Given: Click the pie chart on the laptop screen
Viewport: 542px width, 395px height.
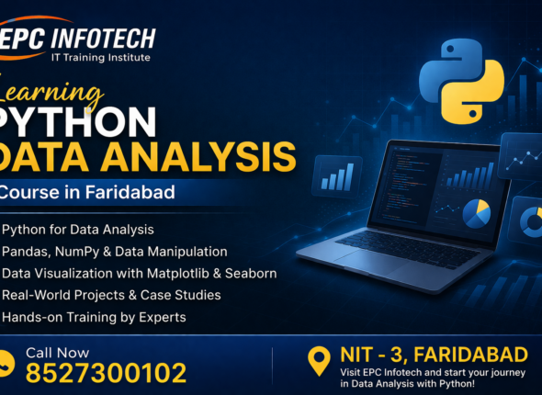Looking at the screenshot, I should [x=476, y=213].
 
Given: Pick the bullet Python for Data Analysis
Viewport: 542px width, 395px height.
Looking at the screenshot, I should [x=78, y=229].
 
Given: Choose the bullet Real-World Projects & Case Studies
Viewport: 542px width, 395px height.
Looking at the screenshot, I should [x=111, y=295].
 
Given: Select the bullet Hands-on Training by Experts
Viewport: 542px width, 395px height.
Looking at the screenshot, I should [x=95, y=317].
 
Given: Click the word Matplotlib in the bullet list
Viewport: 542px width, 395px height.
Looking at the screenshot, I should [x=185, y=273].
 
